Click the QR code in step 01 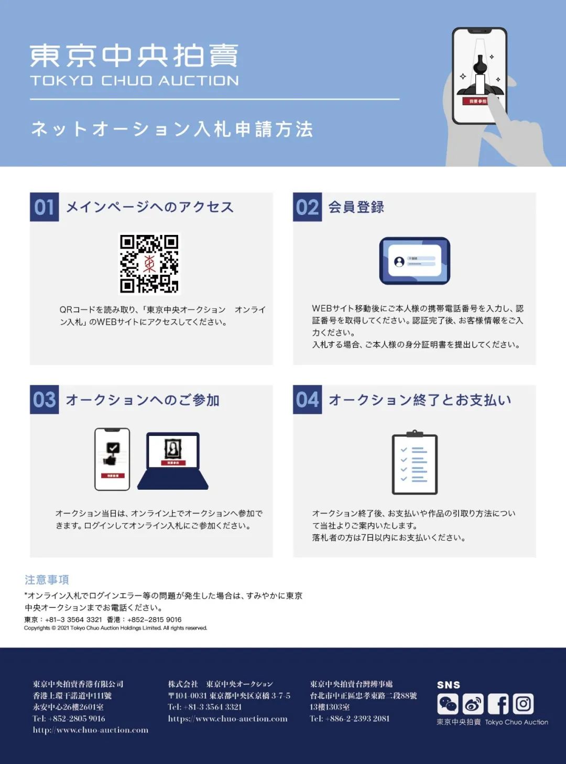[149, 264]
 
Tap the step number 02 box [308, 207]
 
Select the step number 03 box [45, 400]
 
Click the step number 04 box [308, 400]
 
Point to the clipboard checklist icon [415, 462]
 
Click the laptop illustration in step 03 [173, 461]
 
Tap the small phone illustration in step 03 [112, 459]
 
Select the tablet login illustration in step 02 [415, 261]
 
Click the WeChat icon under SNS [448, 704]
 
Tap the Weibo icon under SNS [473, 704]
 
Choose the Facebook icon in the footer [498, 704]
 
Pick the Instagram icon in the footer [524, 704]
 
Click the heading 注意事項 [47, 580]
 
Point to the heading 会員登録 [356, 207]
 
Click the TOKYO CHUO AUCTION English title [134, 81]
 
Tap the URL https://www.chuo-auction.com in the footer [227, 718]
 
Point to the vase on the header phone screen [480, 64]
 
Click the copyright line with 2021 [116, 628]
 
